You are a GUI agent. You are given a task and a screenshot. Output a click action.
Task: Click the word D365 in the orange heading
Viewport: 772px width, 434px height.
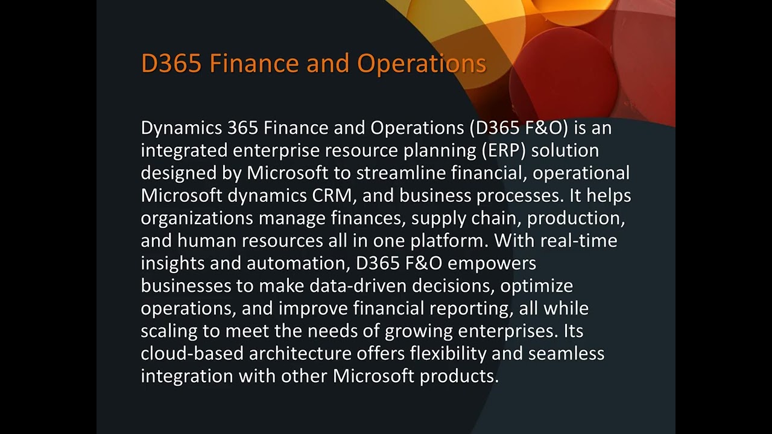(171, 63)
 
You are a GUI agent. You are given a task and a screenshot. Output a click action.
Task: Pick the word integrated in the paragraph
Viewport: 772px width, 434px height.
(184, 150)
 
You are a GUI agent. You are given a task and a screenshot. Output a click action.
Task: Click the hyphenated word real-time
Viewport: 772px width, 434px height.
(579, 241)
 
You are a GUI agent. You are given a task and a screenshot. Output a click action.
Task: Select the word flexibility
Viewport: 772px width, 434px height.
(448, 353)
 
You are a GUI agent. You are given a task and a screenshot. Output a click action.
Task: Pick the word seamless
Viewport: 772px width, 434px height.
(566, 353)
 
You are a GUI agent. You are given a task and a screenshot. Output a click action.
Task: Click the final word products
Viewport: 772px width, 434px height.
(459, 376)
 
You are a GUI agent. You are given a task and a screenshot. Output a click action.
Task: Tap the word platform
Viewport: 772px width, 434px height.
(448, 241)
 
